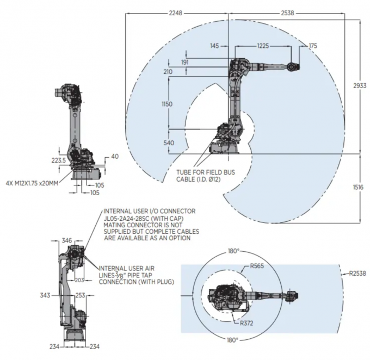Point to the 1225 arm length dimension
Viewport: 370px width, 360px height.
(263, 47)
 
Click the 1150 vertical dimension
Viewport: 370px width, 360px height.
(167, 104)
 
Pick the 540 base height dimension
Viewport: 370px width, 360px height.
(168, 142)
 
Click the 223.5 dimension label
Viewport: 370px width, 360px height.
(58, 160)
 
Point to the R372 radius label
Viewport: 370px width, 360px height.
(248, 323)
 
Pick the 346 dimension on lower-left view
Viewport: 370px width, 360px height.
(66, 240)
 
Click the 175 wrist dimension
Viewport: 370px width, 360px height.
(312, 47)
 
